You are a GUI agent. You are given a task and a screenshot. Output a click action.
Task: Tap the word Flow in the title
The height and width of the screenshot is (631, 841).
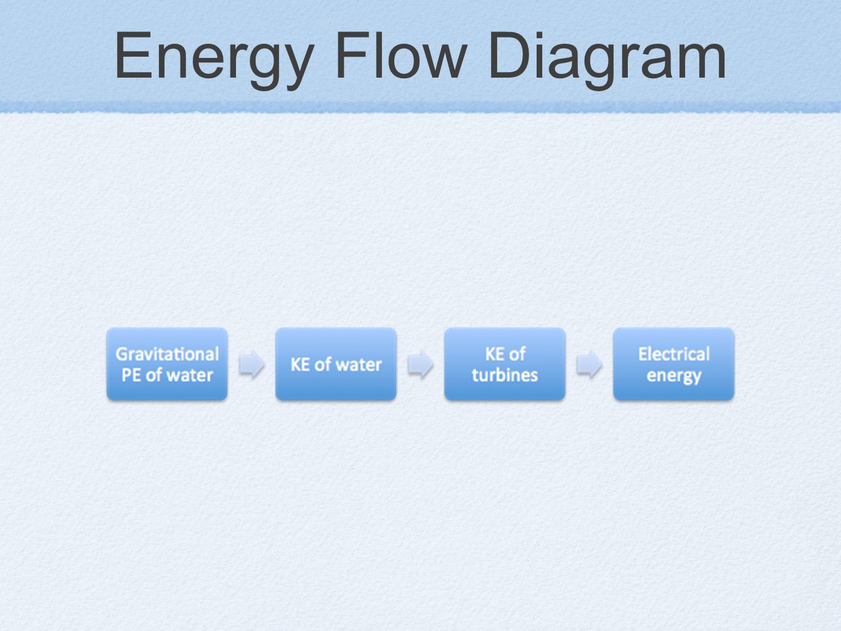[401, 55]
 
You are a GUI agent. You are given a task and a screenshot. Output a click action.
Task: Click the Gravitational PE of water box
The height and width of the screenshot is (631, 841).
[167, 364]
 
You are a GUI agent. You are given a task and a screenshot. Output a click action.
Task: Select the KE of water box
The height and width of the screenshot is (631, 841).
[336, 364]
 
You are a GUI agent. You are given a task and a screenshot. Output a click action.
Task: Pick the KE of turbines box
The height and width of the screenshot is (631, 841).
[505, 364]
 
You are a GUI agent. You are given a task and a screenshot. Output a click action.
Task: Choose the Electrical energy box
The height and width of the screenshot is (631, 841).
[673, 364]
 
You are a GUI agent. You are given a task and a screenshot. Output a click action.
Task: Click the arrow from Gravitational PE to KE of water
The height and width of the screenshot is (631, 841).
[252, 364]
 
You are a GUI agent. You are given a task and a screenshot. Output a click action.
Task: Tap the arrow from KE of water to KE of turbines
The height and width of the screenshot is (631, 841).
[420, 364]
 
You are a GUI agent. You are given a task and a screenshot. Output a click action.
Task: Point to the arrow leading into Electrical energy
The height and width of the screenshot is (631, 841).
[589, 364]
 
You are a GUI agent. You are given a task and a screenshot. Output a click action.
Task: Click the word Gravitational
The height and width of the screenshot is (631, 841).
[167, 354]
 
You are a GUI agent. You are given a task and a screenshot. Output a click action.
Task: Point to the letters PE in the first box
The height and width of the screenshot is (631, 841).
[131, 375]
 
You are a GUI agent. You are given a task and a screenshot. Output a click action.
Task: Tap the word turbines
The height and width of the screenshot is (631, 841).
[505, 375]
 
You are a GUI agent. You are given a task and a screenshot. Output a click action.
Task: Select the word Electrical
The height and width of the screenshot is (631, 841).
[673, 354]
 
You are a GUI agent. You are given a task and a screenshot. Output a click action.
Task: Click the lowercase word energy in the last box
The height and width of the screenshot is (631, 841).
[674, 377]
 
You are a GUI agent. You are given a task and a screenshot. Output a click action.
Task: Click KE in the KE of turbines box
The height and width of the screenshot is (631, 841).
[495, 354]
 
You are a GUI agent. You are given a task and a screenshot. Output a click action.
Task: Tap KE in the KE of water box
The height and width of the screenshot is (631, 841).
[301, 365]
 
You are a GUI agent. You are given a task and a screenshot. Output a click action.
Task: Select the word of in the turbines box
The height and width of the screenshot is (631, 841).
[518, 354]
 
